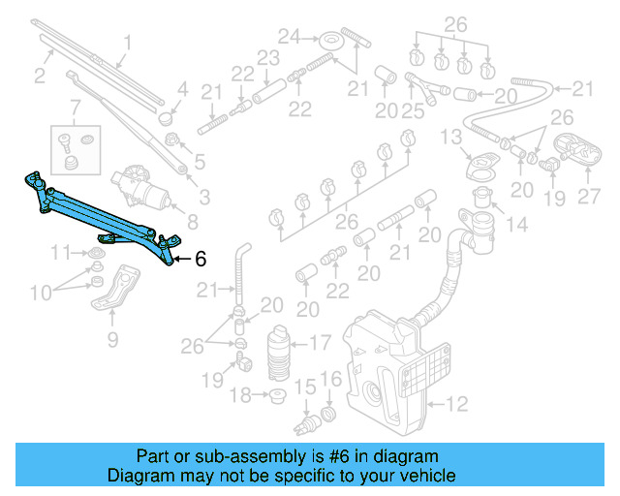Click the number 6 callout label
coord(201,259)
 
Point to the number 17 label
coord(321,342)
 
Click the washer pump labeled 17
coord(279,354)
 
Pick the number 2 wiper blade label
coord(40,76)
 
